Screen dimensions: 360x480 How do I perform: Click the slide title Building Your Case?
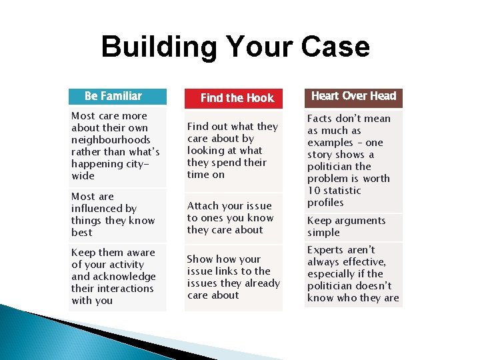click(x=235, y=47)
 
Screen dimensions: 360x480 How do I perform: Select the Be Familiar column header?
click(x=117, y=96)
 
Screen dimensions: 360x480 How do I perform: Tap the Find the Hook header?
click(x=233, y=98)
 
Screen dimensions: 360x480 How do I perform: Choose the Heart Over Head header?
click(x=353, y=96)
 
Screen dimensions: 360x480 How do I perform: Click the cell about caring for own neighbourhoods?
click(x=117, y=146)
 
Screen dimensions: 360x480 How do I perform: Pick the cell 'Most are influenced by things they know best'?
click(x=117, y=215)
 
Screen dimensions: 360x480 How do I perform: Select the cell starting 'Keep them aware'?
click(x=117, y=277)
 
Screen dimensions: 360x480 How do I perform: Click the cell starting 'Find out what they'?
click(x=233, y=150)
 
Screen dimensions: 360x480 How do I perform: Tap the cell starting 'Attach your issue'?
click(x=233, y=218)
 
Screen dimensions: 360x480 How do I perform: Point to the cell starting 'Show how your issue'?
click(x=233, y=277)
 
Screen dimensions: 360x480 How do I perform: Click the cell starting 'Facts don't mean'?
click(x=353, y=160)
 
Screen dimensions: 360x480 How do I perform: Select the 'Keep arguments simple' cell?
click(x=353, y=227)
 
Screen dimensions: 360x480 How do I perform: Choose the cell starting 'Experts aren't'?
click(x=353, y=274)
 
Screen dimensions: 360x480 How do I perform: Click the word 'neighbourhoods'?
click(x=111, y=140)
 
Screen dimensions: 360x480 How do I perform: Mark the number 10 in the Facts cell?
click(x=314, y=191)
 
